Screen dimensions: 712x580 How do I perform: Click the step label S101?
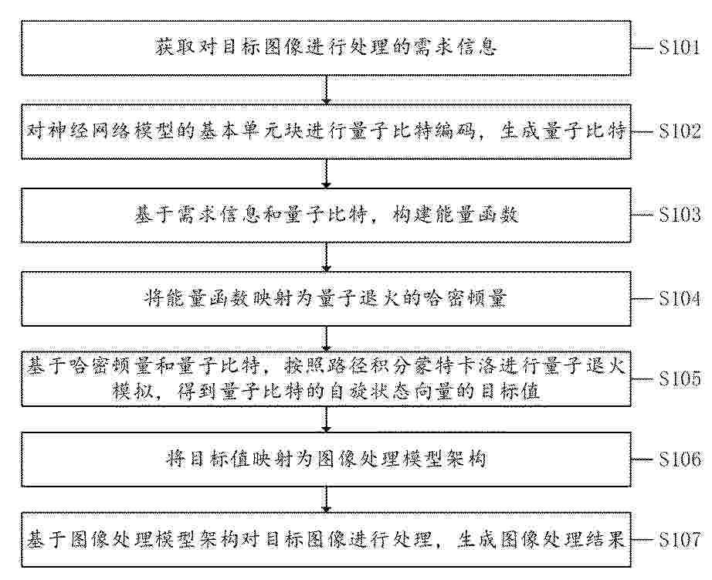(x=679, y=47)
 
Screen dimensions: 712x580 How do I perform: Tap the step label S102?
(x=680, y=131)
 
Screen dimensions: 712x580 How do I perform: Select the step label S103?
(x=680, y=215)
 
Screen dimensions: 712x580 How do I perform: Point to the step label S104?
(x=680, y=298)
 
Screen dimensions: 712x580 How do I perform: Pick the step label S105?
(x=680, y=378)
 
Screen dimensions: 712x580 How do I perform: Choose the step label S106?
(x=680, y=460)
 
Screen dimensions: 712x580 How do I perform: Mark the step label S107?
(x=680, y=540)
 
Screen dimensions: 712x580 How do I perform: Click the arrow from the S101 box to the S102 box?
(x=326, y=90)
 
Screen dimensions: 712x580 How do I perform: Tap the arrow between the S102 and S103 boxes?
(x=326, y=174)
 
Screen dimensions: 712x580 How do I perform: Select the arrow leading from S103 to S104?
(x=326, y=257)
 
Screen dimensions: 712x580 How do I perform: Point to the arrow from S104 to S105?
(x=326, y=339)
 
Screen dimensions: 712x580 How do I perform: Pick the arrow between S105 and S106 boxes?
(x=326, y=419)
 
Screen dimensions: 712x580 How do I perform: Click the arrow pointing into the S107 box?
(x=326, y=500)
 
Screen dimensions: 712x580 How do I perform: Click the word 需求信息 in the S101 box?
(x=456, y=47)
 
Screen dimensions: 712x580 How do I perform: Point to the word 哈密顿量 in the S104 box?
(x=464, y=298)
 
